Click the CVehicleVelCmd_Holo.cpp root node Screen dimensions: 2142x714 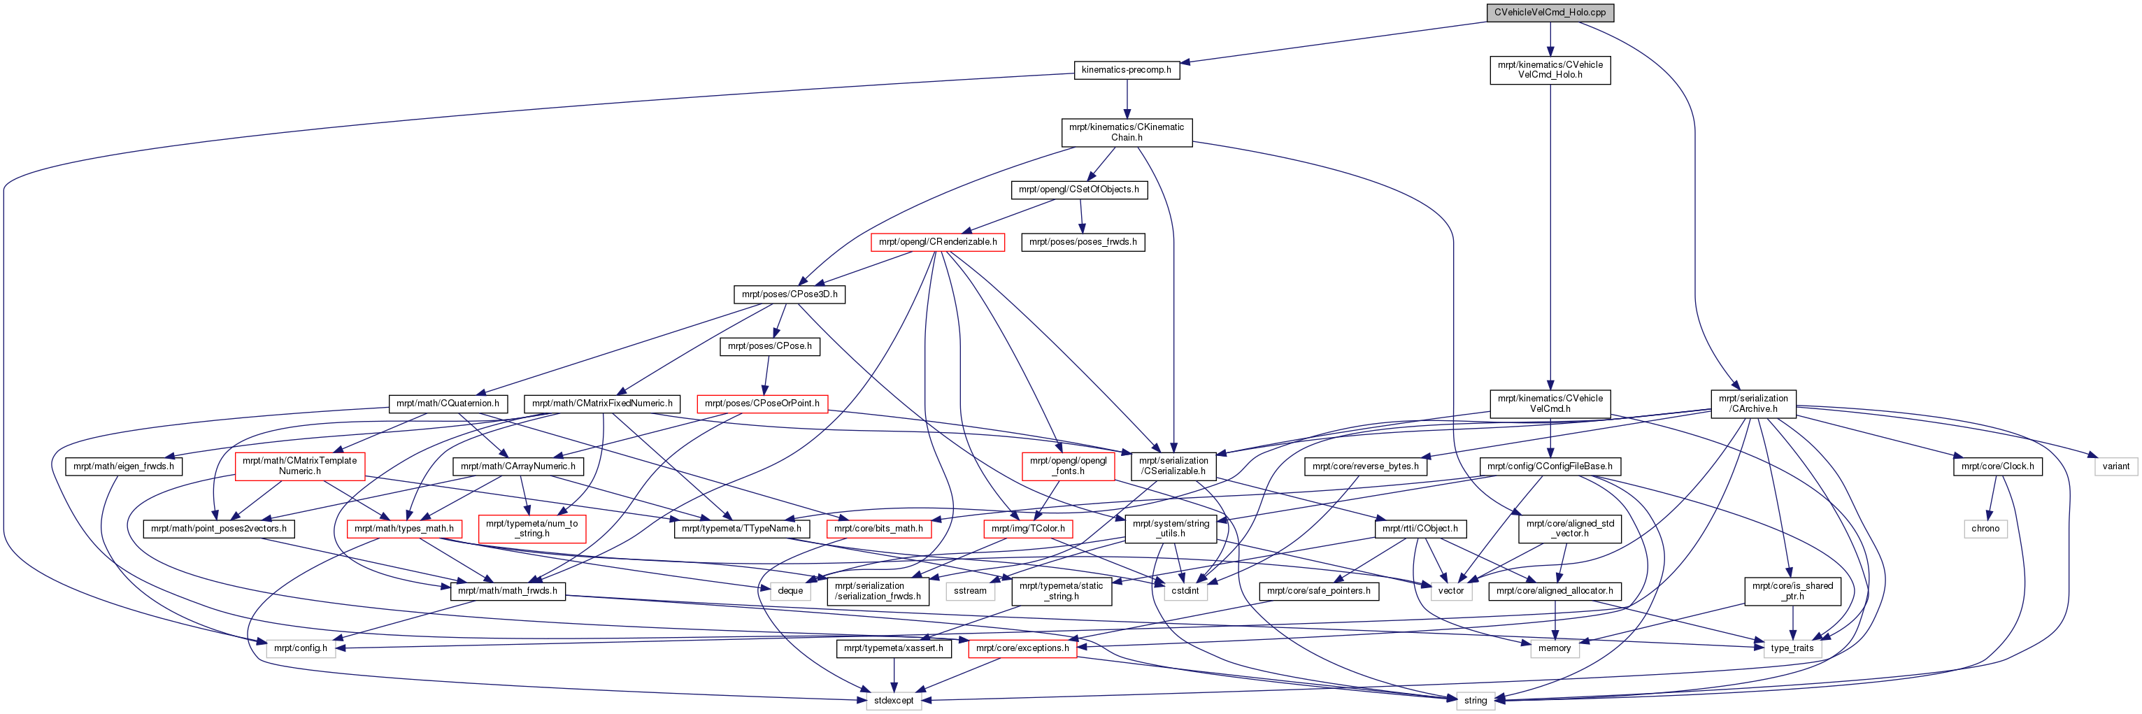point(1550,13)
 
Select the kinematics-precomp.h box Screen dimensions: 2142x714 point(1126,70)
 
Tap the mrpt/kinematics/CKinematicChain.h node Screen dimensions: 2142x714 point(1127,132)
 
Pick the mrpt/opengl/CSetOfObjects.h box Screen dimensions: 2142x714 point(1078,190)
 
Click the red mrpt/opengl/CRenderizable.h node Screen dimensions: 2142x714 point(937,242)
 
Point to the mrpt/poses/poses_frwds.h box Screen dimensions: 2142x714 point(1083,242)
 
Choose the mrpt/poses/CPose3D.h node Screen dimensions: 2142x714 point(789,294)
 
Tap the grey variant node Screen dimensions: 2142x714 point(2115,466)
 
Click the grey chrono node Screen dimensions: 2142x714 point(1985,529)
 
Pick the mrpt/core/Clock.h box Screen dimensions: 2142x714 point(1997,466)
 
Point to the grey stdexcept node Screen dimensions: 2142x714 point(894,701)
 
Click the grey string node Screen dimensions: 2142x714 point(1475,701)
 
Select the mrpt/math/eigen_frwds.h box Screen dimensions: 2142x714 point(123,466)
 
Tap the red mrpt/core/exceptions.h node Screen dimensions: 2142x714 point(1022,648)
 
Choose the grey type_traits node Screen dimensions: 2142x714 point(1792,648)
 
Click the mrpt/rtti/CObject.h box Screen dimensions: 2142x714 point(1420,529)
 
